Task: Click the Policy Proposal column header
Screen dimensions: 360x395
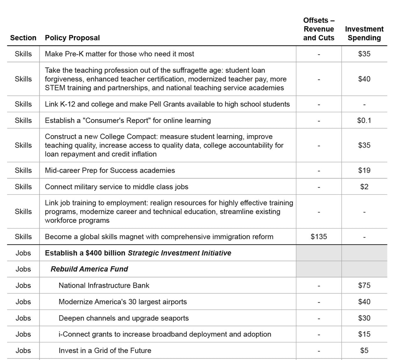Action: [x=72, y=38]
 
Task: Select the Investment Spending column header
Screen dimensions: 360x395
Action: [x=364, y=33]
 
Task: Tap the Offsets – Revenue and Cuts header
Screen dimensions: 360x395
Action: [x=318, y=29]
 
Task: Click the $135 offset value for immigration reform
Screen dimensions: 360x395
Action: [x=318, y=237]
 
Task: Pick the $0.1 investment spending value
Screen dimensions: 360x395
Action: [x=364, y=120]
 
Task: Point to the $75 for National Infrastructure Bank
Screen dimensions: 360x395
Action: [x=364, y=286]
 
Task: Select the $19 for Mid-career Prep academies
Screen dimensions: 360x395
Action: [x=364, y=171]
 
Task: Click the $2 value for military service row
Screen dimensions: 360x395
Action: [x=364, y=187]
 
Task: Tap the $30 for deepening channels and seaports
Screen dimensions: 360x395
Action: [x=364, y=318]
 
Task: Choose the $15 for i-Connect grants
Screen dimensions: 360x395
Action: [x=364, y=335]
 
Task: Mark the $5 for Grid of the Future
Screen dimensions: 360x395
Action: [x=364, y=351]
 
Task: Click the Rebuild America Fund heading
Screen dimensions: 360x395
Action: [x=89, y=269]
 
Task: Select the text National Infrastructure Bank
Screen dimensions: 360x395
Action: [x=104, y=286]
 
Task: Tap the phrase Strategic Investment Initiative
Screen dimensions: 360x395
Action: [x=179, y=253]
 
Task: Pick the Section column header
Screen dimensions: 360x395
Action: [x=23, y=38]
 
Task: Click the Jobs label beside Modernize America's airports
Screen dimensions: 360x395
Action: [x=23, y=302]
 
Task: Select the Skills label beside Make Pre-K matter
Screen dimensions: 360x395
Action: [x=23, y=54]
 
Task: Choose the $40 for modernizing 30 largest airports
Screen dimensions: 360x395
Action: [x=364, y=302]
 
